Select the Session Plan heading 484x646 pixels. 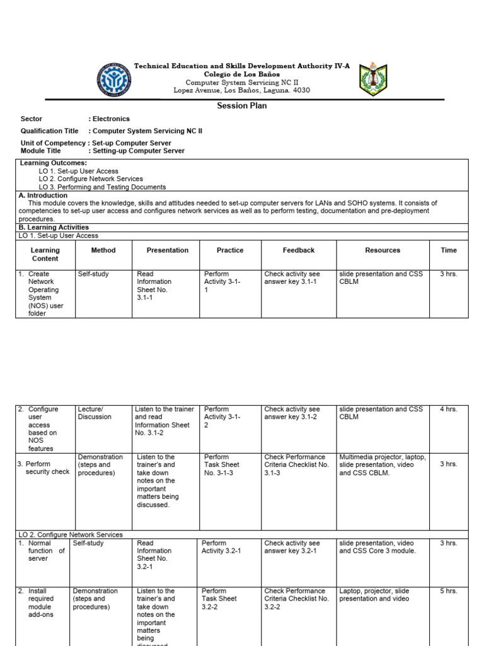[x=242, y=106]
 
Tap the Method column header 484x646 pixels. [x=103, y=250]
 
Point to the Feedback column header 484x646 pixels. [x=299, y=250]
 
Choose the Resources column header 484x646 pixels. [x=383, y=250]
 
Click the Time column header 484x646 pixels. [x=449, y=250]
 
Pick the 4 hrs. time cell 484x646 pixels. [x=449, y=409]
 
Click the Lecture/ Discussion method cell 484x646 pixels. [x=95, y=413]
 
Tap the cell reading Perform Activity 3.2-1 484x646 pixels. [x=221, y=547]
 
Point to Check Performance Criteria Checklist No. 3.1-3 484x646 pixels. [x=296, y=465]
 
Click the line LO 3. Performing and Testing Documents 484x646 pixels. [x=102, y=187]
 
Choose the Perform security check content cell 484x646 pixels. [x=43, y=468]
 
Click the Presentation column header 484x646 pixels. [x=167, y=250]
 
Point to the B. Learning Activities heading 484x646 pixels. [x=54, y=227]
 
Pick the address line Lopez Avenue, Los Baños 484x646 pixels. [x=242, y=90]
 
